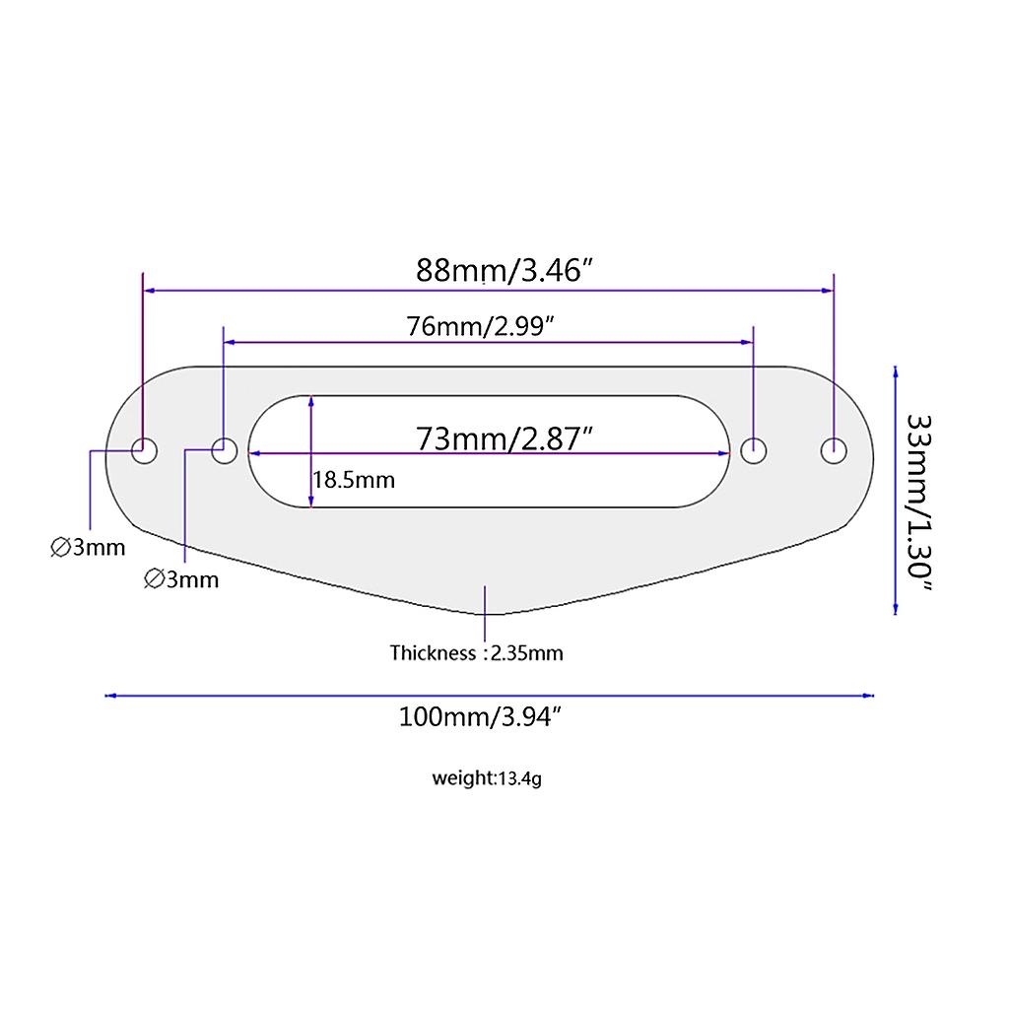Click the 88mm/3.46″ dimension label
coord(504,271)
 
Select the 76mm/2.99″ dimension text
coord(480,327)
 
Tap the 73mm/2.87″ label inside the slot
coord(504,439)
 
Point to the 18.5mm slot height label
coord(354,480)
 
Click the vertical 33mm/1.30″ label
coord(919,503)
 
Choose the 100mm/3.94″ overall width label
coord(480,716)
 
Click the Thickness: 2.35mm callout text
coord(476,653)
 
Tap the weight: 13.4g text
coord(487,778)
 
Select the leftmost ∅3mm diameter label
coord(88,548)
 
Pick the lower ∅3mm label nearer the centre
coord(181,579)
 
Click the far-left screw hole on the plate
coord(144,450)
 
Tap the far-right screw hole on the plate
coord(834,451)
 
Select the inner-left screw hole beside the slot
coord(224,450)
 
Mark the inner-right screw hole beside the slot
coord(754,451)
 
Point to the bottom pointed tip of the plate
coord(487,615)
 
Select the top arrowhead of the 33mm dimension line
coord(896,371)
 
